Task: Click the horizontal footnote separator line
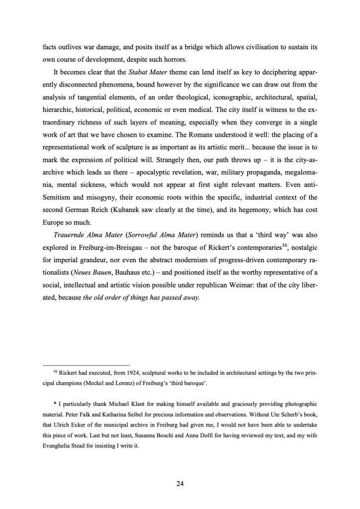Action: click(86, 364)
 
